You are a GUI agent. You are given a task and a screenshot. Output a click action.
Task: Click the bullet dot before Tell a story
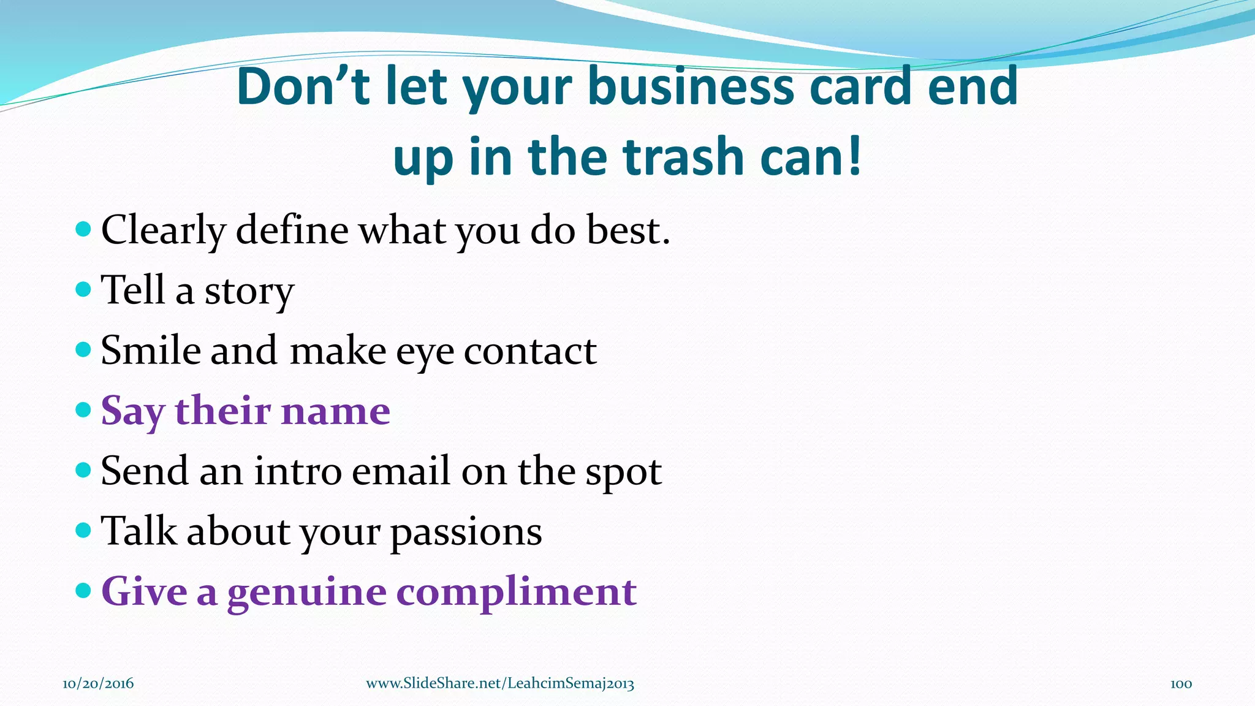[83, 289]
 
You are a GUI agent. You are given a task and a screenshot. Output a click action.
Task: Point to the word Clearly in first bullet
[164, 231]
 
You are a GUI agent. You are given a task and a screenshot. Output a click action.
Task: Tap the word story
[249, 291]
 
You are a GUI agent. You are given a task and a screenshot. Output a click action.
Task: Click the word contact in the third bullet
[530, 351]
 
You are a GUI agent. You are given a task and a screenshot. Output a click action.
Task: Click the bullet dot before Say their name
[83, 409]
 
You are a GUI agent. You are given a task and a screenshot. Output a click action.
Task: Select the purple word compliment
[517, 593]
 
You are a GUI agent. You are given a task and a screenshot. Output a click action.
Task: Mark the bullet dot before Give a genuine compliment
[83, 590]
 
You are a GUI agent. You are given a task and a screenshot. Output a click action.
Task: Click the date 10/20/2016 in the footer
[98, 683]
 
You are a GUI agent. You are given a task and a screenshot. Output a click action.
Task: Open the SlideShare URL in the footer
[500, 683]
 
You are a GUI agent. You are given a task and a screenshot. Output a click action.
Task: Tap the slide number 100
[1181, 683]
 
